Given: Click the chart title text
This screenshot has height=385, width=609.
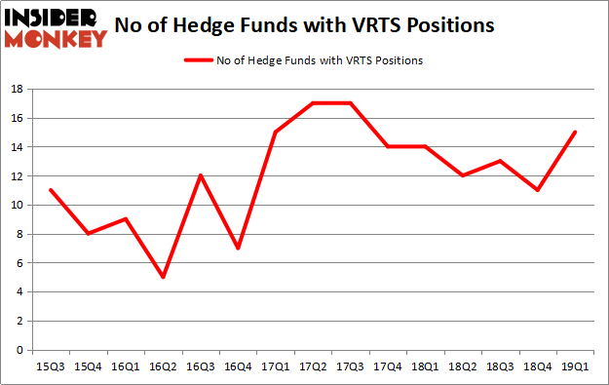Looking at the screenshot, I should click(304, 23).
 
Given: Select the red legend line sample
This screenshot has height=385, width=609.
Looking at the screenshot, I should click(199, 60).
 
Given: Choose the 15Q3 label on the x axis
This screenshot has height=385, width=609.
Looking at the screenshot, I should click(50, 366).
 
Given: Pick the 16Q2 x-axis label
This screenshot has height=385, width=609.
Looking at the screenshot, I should click(163, 366).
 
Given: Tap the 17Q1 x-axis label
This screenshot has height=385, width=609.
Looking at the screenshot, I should click(275, 366).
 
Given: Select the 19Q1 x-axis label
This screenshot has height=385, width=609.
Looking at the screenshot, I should click(575, 366).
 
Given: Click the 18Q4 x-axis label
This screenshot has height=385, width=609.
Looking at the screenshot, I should click(537, 366).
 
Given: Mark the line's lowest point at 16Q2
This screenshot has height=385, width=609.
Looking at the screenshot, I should click(163, 277).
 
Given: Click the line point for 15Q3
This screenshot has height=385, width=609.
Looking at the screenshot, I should click(50, 190).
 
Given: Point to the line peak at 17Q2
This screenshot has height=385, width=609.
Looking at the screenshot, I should click(313, 103).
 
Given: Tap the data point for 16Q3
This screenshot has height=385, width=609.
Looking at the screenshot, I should click(200, 175).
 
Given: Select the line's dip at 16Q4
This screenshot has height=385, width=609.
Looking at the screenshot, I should click(238, 249).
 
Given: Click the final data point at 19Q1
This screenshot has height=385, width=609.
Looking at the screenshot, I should click(575, 133).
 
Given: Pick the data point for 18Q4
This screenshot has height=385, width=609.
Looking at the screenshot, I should click(537, 190).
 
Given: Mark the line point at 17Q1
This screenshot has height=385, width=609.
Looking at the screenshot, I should click(275, 133).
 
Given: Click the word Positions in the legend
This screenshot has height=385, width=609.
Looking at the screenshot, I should click(400, 60).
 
